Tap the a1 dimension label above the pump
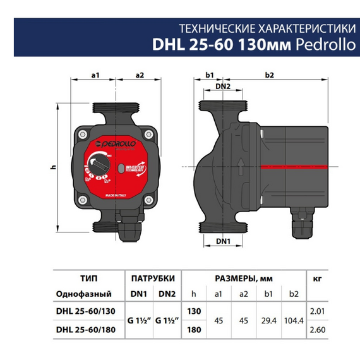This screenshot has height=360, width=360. click(x=96, y=75)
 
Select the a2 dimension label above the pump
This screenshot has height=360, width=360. click(x=140, y=75)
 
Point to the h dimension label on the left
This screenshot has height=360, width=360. click(x=54, y=166)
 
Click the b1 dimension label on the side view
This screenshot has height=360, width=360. click(x=210, y=75)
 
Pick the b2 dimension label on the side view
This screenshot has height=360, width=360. click(x=269, y=75)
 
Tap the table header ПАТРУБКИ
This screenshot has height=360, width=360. click(x=152, y=278)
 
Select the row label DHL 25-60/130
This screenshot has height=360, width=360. click(x=84, y=311)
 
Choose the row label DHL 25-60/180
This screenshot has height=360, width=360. click(x=84, y=329)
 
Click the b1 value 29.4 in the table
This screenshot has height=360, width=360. click(x=268, y=320)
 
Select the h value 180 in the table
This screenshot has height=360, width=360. click(x=195, y=329)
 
